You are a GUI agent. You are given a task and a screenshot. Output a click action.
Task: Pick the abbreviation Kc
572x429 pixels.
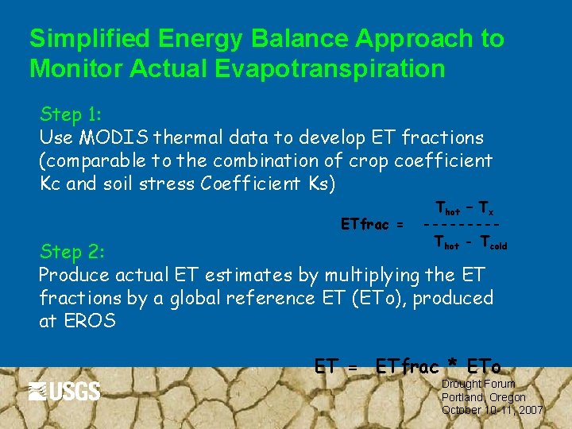pos(52,184)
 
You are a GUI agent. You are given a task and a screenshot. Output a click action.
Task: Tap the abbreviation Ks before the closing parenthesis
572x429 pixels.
pos(315,184)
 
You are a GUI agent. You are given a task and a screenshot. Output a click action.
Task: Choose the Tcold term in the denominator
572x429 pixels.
pos(493,243)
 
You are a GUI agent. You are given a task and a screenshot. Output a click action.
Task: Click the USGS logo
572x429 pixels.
pos(64,391)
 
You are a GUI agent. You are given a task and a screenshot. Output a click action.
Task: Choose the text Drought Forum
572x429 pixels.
pos(478,384)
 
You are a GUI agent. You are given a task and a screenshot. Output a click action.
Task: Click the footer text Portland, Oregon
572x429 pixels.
pos(484,397)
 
